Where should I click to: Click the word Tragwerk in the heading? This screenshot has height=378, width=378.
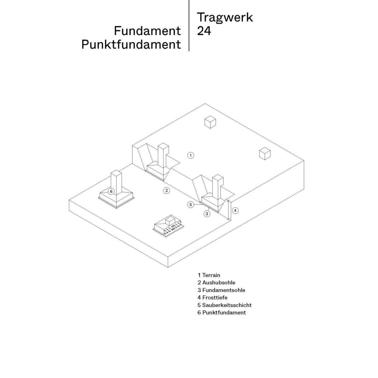tap(225, 17)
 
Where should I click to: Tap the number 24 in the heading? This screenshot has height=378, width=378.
tap(204, 31)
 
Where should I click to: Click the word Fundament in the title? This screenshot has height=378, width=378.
tap(147, 31)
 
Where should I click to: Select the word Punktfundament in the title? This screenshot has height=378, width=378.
tap(131, 45)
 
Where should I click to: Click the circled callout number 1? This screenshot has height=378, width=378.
tap(191, 155)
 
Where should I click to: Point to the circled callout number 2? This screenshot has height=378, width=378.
tap(166, 191)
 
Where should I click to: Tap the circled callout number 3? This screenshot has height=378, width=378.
tap(207, 214)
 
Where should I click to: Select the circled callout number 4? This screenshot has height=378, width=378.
tap(235, 211)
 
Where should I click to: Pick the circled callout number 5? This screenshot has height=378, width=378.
tap(191, 205)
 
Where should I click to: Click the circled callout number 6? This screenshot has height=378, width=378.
tap(111, 192)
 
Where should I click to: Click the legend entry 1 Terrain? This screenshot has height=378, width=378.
tap(209, 275)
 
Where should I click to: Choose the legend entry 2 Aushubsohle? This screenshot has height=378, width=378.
tap(216, 282)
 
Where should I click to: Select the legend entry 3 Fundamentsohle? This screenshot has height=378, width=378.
tap(221, 290)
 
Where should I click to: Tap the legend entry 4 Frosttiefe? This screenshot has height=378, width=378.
tap(213, 298)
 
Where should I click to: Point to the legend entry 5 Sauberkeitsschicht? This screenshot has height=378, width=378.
tap(225, 305)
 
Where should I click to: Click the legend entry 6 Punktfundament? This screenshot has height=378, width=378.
tap(222, 312)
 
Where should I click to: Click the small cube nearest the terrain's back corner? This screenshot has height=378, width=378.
tap(210, 122)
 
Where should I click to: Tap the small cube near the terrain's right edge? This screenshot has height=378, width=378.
tap(265, 153)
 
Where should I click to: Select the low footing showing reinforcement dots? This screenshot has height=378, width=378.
tap(168, 226)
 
